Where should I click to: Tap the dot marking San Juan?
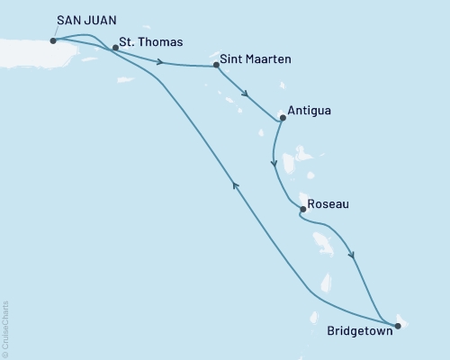(x=54, y=40)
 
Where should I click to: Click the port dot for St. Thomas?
(x=115, y=48)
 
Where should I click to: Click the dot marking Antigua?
(x=283, y=117)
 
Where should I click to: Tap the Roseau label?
(x=328, y=205)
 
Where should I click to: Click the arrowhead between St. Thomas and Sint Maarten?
(x=160, y=62)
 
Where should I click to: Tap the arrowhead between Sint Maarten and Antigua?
(x=246, y=92)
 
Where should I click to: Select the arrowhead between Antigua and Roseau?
(x=274, y=163)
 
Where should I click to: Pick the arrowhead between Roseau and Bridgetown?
(x=352, y=256)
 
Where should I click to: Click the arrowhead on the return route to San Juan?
(x=236, y=184)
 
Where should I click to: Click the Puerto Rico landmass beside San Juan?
(x=27, y=47)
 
